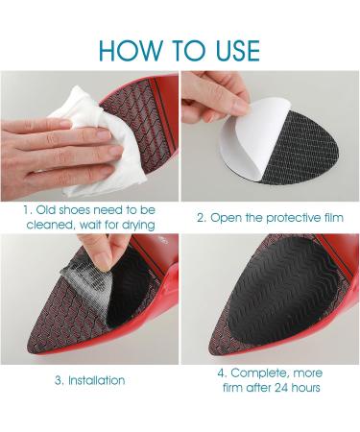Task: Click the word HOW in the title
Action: pos(131,50)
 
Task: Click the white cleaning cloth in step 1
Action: pos(100,141)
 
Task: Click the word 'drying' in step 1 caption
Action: pos(138,225)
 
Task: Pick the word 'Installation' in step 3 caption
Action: pos(97,380)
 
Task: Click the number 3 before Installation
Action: pos(59,381)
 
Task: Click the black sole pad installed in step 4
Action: pos(281,293)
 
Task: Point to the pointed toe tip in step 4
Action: pos(210,354)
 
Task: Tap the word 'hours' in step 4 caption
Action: pos(304,388)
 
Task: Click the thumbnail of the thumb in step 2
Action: pos(241,108)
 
